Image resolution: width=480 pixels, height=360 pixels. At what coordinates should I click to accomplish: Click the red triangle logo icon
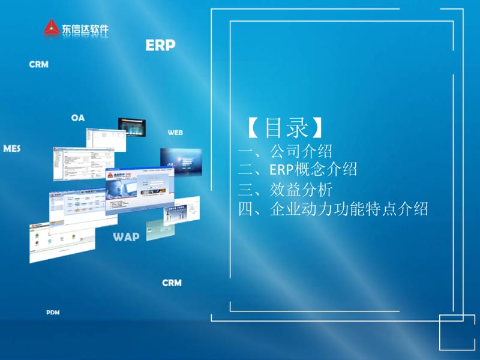click(x=52, y=28)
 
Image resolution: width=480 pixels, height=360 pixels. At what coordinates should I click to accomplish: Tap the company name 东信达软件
click(x=84, y=28)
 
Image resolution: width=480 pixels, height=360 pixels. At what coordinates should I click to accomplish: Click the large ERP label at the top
click(x=160, y=46)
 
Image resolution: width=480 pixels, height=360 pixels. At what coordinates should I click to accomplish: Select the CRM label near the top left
click(x=38, y=64)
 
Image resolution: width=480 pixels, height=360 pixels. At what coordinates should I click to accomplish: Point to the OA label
click(x=78, y=118)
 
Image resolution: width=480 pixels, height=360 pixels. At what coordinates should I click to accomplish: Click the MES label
click(x=12, y=148)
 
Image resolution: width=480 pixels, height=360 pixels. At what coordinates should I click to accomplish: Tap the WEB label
click(x=175, y=132)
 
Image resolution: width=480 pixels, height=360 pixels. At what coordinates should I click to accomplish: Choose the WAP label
click(x=126, y=236)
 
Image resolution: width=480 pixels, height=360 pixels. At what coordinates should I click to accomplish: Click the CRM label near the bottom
click(x=172, y=283)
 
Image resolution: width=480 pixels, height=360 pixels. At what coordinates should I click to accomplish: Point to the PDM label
click(x=53, y=313)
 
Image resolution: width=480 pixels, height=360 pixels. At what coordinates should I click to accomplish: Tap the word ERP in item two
click(x=282, y=170)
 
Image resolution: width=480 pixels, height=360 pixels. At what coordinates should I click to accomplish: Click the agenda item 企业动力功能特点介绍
click(x=349, y=209)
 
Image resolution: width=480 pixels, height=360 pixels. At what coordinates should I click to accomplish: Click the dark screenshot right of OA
click(x=133, y=127)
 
